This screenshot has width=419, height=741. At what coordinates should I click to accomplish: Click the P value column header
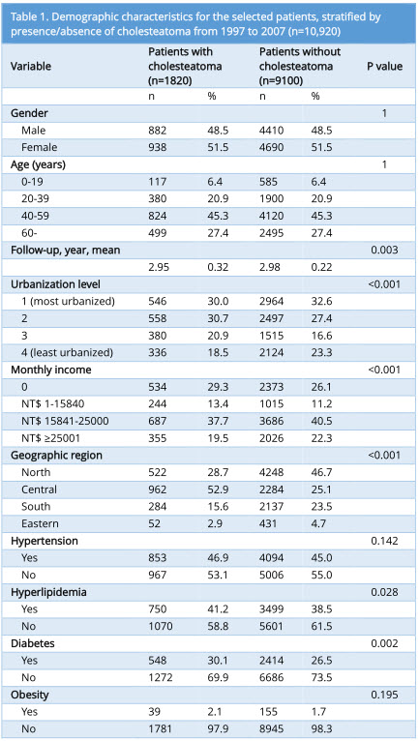click(x=384, y=66)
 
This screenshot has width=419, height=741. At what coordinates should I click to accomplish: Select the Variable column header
click(x=31, y=66)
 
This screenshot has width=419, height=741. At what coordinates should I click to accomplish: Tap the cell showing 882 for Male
click(x=158, y=130)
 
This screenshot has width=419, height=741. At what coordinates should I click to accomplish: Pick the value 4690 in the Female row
click(x=272, y=147)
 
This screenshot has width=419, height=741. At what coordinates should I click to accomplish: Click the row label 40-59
click(x=35, y=216)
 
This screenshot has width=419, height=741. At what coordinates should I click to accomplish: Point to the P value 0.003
click(x=384, y=250)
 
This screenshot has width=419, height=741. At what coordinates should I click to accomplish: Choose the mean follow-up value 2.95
click(x=159, y=267)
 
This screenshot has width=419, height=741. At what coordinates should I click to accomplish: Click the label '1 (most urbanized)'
click(x=68, y=301)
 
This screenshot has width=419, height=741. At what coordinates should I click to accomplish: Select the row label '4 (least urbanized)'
click(x=67, y=352)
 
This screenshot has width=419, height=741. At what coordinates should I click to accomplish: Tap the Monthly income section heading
click(x=51, y=370)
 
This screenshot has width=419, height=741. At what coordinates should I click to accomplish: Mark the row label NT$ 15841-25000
click(x=65, y=421)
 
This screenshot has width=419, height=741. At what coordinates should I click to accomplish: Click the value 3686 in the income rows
click(x=272, y=421)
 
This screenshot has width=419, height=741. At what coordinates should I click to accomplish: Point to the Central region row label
click(x=40, y=489)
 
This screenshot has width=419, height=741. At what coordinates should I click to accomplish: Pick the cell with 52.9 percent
click(x=218, y=489)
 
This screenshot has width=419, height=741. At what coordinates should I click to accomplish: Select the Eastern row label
click(x=41, y=523)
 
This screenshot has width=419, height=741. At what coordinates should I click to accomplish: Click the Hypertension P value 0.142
click(x=384, y=541)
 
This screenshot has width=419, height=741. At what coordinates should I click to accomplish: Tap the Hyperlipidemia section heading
click(x=48, y=592)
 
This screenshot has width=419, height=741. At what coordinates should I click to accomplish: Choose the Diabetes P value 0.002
click(x=384, y=643)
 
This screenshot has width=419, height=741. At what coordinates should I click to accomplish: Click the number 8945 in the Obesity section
click(x=272, y=728)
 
